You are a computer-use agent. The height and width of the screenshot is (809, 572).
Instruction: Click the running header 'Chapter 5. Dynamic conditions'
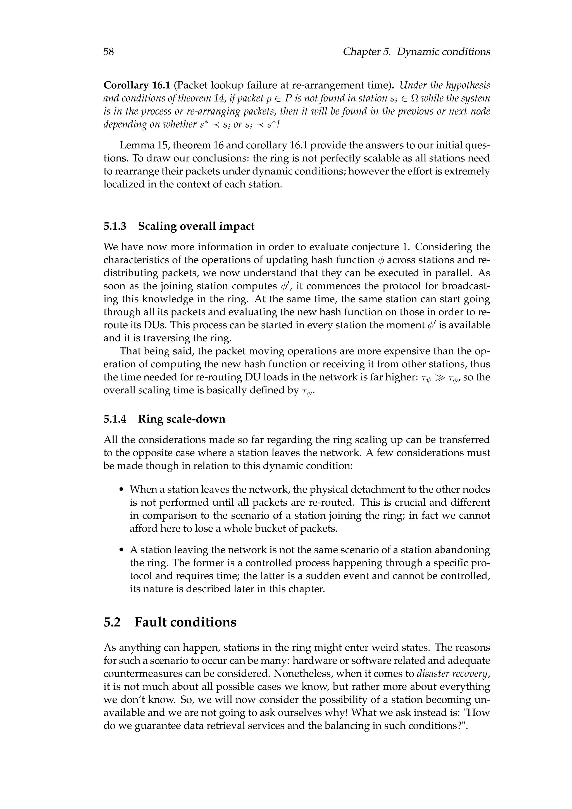416,52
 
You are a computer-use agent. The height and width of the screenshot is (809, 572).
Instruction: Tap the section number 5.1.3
115,226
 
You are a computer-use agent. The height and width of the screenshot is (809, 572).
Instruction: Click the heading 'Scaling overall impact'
196,226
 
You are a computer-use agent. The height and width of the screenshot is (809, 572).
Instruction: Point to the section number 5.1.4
115,419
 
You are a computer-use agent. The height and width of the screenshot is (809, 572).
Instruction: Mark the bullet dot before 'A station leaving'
122,550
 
